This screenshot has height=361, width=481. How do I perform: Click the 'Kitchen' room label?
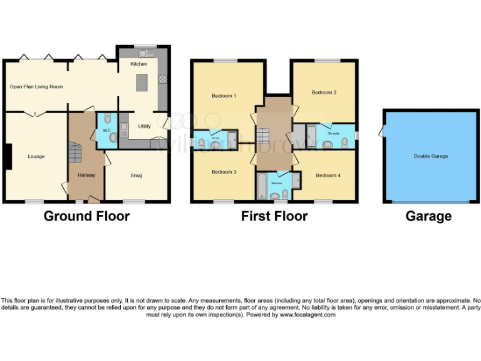click(138, 64)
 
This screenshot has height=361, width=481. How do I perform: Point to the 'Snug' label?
click(136, 175)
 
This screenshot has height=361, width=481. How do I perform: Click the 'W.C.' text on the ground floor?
click(106, 131)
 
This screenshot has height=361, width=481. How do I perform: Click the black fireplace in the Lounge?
click(8, 157)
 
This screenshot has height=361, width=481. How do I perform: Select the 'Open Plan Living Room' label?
click(36, 86)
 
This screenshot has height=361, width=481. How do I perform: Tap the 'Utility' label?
click(145, 126)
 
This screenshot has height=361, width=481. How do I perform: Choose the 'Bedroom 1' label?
click(224, 96)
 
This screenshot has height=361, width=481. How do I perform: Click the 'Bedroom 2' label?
click(324, 92)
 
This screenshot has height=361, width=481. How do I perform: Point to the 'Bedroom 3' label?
click(224, 171)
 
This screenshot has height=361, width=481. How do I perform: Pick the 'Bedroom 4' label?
click(328, 175)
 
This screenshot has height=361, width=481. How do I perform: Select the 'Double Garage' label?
click(431, 156)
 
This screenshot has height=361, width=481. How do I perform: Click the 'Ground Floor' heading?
click(86, 216)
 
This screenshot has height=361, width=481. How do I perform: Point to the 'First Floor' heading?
click(274, 216)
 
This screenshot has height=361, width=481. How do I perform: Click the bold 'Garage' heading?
click(428, 216)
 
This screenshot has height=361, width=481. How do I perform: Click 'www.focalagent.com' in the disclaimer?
click(308, 315)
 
